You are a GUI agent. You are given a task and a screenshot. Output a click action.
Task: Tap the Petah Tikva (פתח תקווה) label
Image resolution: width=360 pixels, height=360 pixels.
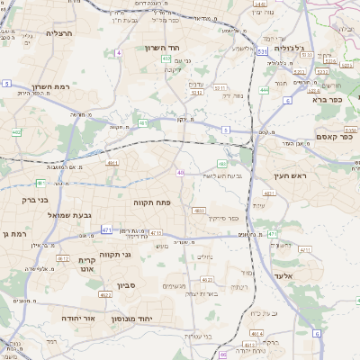[x=152, y=202]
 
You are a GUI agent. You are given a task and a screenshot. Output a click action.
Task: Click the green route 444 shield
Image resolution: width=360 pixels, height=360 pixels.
[x=264, y=90]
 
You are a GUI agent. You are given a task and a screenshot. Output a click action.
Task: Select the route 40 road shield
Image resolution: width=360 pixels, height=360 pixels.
[x=181, y=172]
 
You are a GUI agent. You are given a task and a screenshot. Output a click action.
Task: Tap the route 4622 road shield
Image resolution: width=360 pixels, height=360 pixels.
[x=105, y=293]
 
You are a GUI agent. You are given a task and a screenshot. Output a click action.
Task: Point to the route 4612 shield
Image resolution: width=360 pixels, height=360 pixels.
[x=63, y=258]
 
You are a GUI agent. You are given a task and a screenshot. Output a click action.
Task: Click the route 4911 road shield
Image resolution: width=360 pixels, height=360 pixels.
[x=112, y=163]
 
